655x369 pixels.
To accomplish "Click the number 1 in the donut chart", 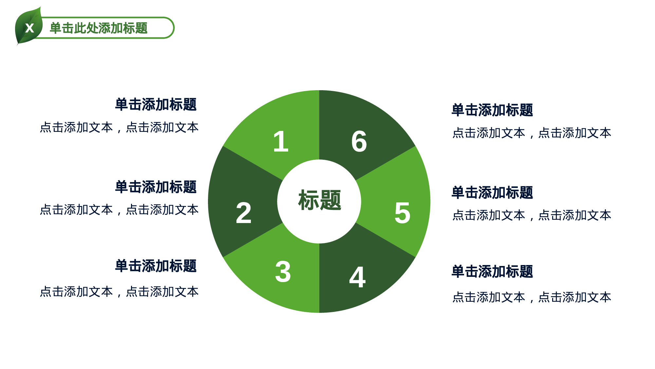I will [x=281, y=142].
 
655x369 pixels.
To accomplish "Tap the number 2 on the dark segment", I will [x=244, y=213].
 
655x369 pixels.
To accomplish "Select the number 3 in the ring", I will [x=283, y=272].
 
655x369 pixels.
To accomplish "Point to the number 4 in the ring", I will [x=357, y=277].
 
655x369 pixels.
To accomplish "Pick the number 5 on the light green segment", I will [x=402, y=213].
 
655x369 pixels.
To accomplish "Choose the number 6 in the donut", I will [x=359, y=142].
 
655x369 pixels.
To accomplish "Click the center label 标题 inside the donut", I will [x=319, y=200].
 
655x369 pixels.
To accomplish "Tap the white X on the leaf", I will [x=29, y=28].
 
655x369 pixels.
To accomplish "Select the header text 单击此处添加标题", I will [x=99, y=28].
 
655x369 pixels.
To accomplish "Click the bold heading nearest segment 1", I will [x=156, y=105].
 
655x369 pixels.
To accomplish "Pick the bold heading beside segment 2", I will [x=156, y=187].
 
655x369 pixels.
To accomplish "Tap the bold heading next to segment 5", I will [x=492, y=193].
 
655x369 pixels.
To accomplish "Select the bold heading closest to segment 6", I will [x=492, y=110].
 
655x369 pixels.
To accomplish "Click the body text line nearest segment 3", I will [x=119, y=292].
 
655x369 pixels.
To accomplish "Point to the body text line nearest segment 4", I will [x=532, y=297].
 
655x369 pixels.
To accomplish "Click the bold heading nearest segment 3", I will [x=156, y=266].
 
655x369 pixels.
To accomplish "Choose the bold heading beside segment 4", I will [x=492, y=272].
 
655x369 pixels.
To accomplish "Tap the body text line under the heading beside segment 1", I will [x=119, y=127].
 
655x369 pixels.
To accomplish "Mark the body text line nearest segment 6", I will [x=532, y=133].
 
